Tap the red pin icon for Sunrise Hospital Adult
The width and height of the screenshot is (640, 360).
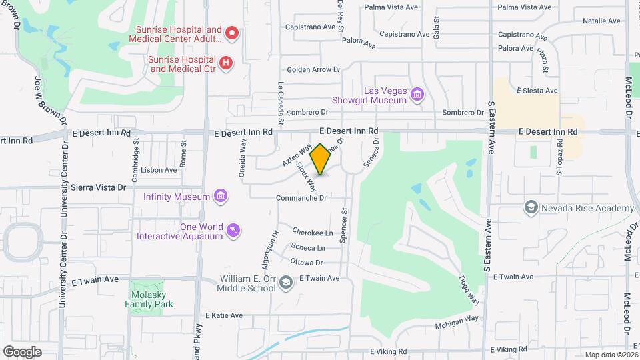231,33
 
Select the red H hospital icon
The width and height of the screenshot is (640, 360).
227,63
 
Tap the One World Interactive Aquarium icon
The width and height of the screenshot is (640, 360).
233,231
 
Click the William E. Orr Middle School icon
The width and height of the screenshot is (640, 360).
286,283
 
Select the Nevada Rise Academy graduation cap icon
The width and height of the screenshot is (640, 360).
531,208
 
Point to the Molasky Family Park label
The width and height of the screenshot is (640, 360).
150,299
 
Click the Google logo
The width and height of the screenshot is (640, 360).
22,352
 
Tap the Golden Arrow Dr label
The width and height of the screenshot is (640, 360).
313,69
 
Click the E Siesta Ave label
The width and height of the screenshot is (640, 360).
537,90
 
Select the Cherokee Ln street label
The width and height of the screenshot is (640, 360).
313,233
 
